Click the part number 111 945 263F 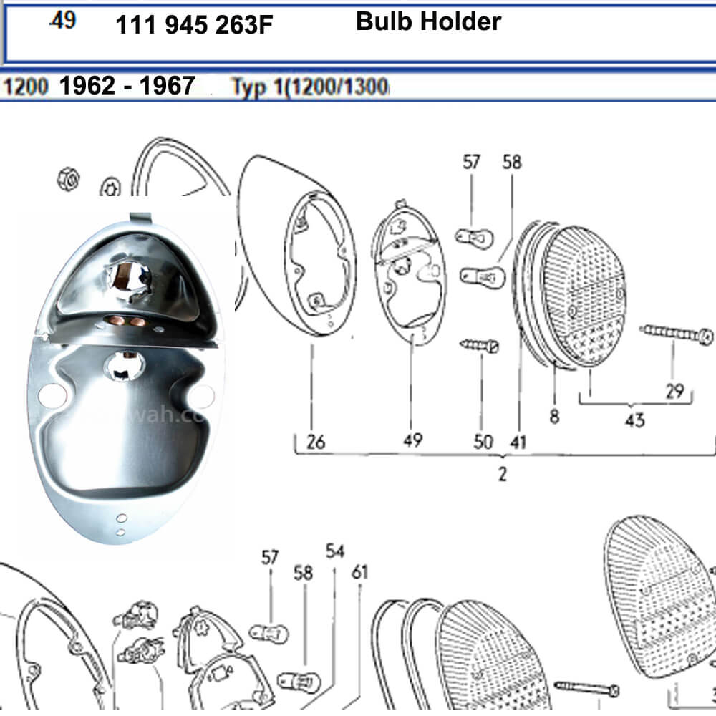click(x=193, y=26)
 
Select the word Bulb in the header click(x=384, y=21)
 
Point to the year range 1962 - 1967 click(x=127, y=87)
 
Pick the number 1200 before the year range click(x=26, y=87)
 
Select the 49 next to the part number click(x=63, y=21)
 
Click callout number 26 click(x=315, y=442)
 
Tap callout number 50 click(x=484, y=442)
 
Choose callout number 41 click(x=517, y=442)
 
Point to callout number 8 click(x=554, y=417)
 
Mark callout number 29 click(x=674, y=392)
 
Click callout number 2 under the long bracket click(x=503, y=473)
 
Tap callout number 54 click(x=335, y=551)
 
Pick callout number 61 click(x=359, y=572)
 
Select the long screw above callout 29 click(x=677, y=333)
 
